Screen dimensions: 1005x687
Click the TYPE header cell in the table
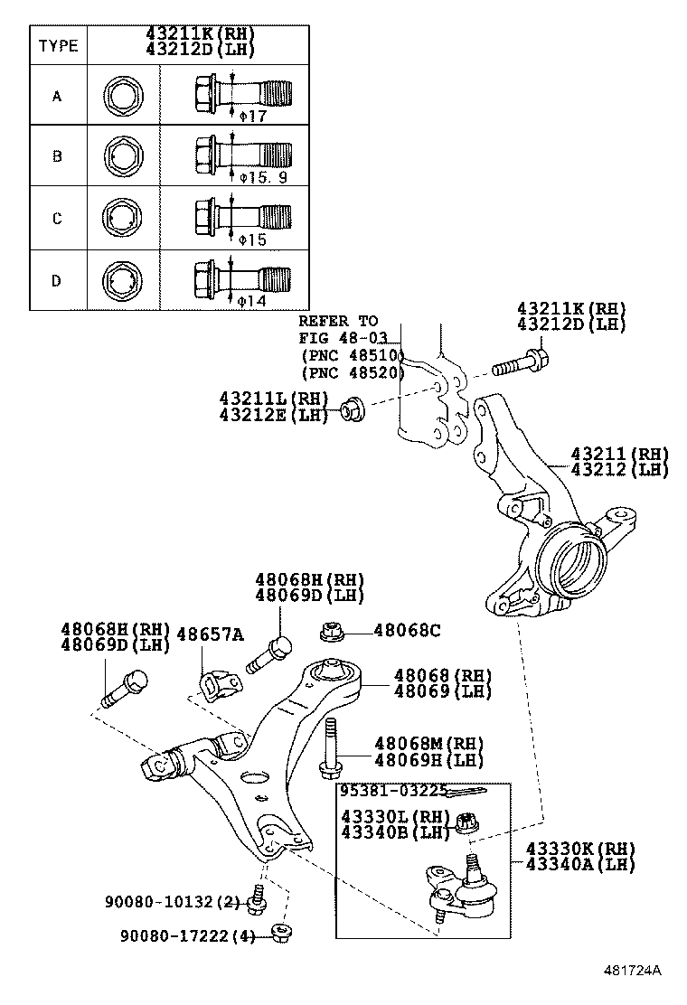57,46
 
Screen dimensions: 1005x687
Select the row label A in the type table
57,94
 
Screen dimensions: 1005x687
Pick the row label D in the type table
57,279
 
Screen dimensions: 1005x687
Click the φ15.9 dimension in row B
262,177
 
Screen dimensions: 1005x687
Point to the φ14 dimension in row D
252,300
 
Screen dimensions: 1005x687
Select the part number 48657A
209,634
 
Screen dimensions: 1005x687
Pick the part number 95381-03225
393,791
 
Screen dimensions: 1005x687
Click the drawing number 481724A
632,971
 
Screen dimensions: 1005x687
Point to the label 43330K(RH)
580,849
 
